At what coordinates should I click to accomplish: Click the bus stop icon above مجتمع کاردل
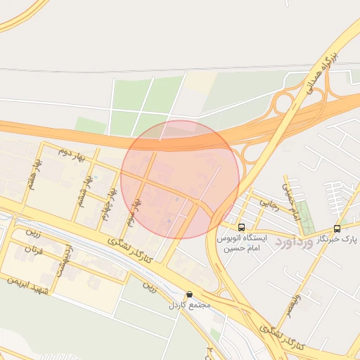(x=188, y=294)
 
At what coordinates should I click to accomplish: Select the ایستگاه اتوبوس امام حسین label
(x=243, y=243)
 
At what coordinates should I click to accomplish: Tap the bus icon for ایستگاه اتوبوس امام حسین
(x=242, y=227)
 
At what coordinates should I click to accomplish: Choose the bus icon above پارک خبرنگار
(x=337, y=228)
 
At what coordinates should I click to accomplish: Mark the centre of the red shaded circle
(x=180, y=179)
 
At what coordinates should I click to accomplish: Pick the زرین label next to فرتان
(x=33, y=231)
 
